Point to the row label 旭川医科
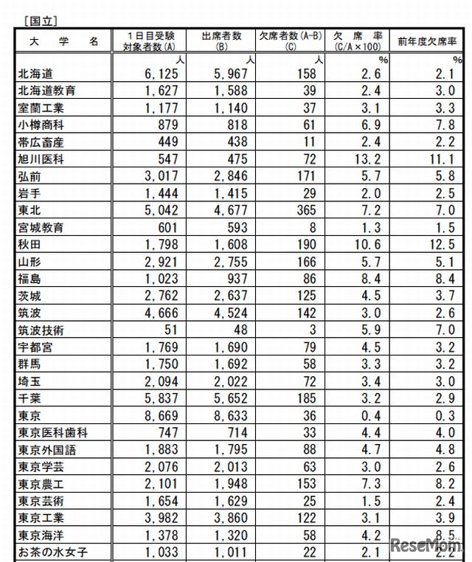[40, 159]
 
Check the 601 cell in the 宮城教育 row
[159, 227]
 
